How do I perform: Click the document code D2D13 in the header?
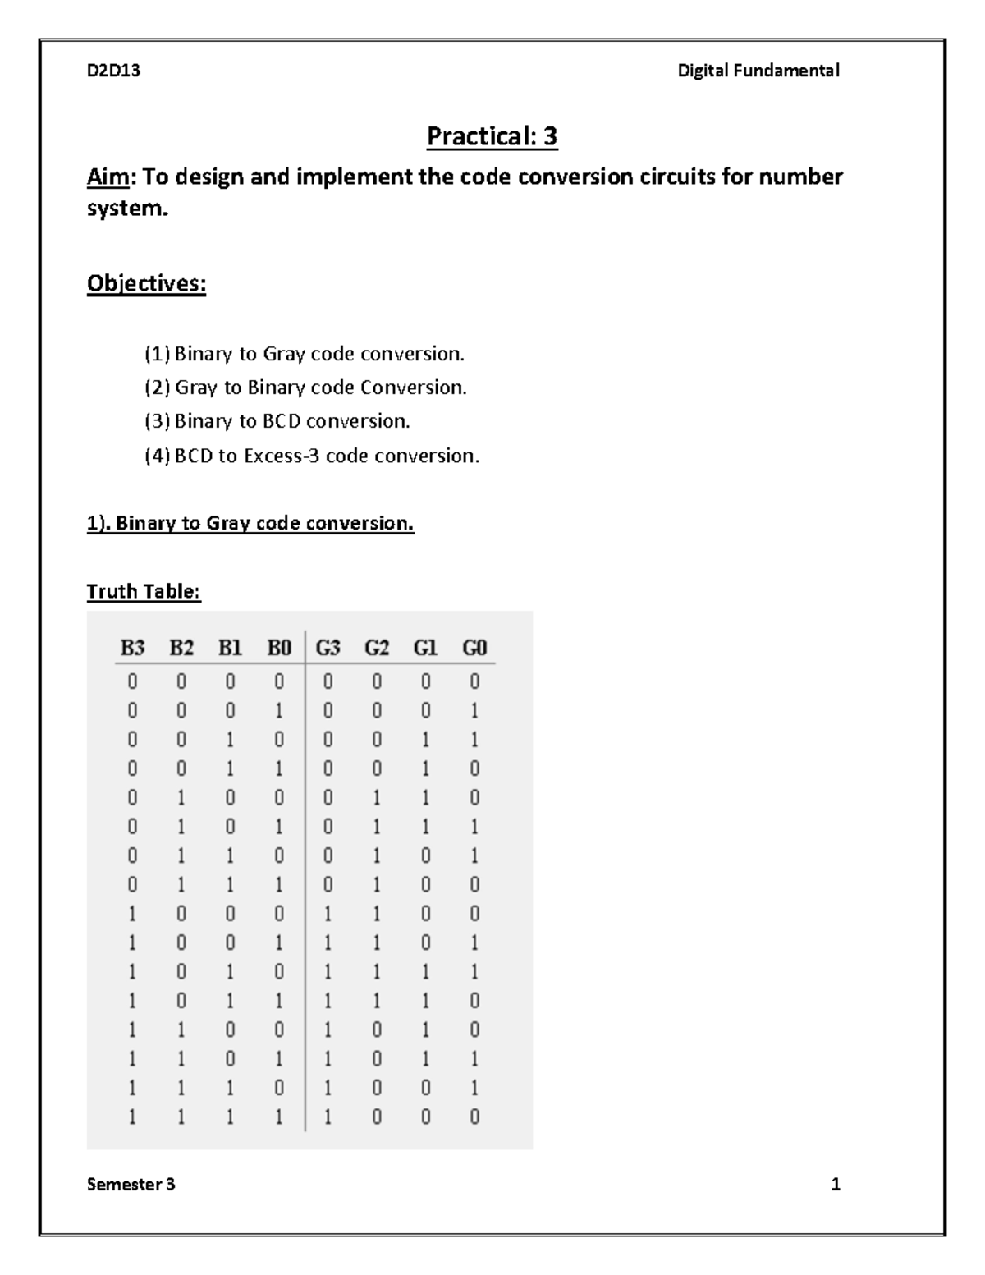(x=113, y=71)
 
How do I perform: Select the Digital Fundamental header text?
(x=758, y=71)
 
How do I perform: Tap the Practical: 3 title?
(x=492, y=136)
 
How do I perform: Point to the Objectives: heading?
(x=146, y=284)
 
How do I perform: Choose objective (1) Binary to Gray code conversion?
(x=305, y=354)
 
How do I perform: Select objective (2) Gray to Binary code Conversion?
(x=305, y=388)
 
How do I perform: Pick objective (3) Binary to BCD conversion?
(x=277, y=421)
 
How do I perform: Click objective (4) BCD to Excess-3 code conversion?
(x=312, y=456)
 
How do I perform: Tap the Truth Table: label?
(x=144, y=592)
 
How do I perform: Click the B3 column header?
(x=132, y=649)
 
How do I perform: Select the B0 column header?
(x=279, y=649)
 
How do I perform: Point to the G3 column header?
(x=328, y=649)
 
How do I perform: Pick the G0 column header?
(x=474, y=649)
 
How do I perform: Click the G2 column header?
(x=377, y=649)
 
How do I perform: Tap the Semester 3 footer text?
(x=131, y=1184)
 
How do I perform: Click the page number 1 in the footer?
(x=836, y=1184)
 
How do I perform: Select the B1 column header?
(x=230, y=649)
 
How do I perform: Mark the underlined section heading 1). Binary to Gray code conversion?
(x=250, y=524)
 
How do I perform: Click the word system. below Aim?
(x=127, y=209)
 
